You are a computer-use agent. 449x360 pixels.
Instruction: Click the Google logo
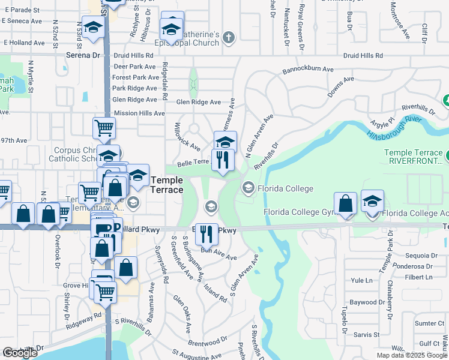tap(20, 353)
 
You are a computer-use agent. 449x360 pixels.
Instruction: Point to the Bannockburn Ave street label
tap(308, 70)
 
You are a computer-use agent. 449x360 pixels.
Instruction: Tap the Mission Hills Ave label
tap(139, 113)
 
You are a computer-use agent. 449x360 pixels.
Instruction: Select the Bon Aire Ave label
tap(218, 256)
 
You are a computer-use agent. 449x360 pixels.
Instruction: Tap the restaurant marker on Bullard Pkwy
tap(206, 233)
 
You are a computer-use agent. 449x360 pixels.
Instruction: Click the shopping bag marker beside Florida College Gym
tap(345, 203)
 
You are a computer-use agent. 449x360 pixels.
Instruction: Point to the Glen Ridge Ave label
tap(198, 102)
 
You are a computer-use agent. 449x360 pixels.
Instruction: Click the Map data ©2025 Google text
tap(411, 355)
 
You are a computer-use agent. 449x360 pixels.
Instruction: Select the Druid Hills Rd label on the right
tap(363, 56)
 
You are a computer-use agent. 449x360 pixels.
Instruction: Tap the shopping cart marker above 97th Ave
tap(104, 128)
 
